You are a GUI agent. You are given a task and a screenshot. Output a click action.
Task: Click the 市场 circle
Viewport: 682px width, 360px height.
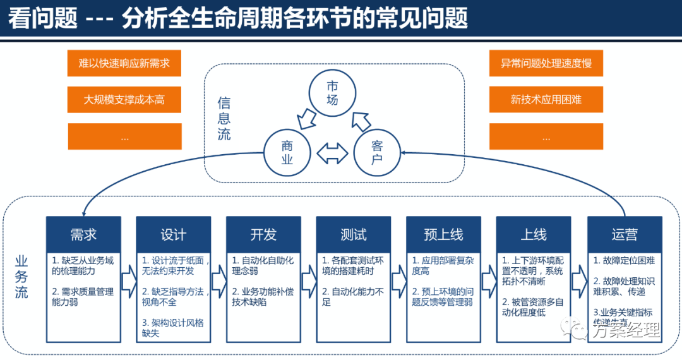coord(332,92)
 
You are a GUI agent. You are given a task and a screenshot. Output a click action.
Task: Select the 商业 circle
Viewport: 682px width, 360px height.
coord(287,152)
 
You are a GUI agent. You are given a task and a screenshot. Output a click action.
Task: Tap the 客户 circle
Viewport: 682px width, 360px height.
coord(377,152)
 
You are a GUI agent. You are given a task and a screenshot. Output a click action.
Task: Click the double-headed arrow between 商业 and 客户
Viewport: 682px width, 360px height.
coord(332,153)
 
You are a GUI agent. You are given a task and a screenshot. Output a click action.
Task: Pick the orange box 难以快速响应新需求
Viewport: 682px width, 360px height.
coord(124,63)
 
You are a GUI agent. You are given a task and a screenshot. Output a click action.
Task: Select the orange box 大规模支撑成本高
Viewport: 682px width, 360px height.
coord(124,100)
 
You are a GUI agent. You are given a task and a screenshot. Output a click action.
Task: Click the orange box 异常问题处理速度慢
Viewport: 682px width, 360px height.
coord(546,63)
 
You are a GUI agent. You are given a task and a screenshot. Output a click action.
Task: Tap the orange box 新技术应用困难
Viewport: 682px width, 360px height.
coord(546,100)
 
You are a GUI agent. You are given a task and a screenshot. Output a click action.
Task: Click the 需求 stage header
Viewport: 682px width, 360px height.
coord(83,235)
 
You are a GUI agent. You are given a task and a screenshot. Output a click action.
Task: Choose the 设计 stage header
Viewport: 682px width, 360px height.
coord(174,235)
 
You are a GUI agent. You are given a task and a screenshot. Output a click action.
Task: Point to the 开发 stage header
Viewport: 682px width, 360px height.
coord(263,235)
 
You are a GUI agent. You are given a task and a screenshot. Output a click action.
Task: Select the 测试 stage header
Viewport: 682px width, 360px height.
coord(354,235)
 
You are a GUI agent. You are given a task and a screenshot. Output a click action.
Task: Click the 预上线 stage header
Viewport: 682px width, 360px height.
coord(443,235)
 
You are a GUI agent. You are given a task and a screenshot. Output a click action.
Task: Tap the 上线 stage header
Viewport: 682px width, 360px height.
coord(534,235)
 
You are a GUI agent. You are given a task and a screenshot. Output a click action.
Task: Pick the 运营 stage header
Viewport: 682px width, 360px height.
coord(625,235)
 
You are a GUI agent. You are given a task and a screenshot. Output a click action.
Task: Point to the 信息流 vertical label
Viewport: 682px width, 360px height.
coord(224,118)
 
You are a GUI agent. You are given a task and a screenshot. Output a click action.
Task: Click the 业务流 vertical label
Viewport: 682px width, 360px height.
coord(21,277)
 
